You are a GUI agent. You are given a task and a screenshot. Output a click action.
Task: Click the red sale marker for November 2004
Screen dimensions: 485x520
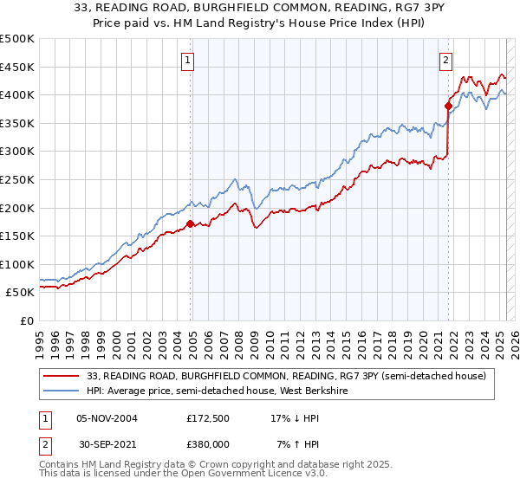(190, 223)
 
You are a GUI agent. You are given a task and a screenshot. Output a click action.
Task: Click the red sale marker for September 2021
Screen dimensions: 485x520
(448, 107)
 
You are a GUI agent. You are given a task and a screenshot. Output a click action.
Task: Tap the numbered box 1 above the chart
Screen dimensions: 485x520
(188, 60)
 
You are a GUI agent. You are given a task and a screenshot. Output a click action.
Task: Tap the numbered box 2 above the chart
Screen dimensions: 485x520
(445, 60)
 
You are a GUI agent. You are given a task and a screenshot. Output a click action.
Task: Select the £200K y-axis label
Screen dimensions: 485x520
(17, 208)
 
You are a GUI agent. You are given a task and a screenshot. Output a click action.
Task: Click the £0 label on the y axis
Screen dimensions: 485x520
(28, 321)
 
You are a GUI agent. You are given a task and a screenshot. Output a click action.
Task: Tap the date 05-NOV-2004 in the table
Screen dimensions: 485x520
(107, 418)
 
